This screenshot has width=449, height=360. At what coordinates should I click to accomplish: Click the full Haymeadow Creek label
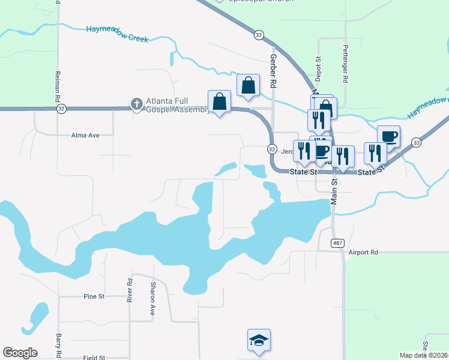pyautogui.click(x=117, y=34)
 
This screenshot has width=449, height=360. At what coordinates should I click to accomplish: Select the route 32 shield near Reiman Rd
pyautogui.click(x=62, y=109)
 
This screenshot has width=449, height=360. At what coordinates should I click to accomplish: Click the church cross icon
pyautogui.click(x=137, y=104)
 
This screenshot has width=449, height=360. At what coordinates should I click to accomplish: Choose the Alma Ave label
pyautogui.click(x=85, y=136)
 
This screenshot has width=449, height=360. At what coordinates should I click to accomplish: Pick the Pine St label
pyautogui.click(x=94, y=296)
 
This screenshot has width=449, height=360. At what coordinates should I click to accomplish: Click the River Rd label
pyautogui.click(x=129, y=291)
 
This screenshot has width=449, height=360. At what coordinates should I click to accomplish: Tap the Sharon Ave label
pyautogui.click(x=153, y=299)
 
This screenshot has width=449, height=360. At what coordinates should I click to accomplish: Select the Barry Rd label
pyautogui.click(x=59, y=346)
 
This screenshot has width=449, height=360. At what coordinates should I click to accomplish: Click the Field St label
pyautogui.click(x=94, y=358)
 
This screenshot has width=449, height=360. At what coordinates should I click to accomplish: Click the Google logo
pyautogui.click(x=20, y=353)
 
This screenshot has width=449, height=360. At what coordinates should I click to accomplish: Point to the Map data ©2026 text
pyautogui.click(x=423, y=355)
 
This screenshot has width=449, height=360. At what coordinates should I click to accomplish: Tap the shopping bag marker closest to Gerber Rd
pyautogui.click(x=248, y=86)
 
